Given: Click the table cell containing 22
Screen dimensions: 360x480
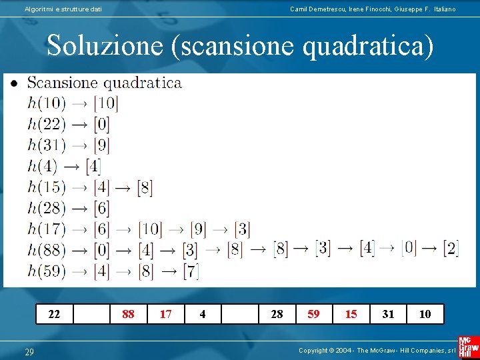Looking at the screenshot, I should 54,314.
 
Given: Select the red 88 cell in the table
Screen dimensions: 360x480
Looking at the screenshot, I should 128,314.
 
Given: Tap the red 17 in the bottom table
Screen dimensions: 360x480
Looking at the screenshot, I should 165,314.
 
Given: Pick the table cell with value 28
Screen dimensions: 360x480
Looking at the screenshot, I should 277,314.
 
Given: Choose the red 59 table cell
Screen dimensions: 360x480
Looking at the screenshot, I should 313,314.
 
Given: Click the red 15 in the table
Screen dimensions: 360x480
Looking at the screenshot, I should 351,314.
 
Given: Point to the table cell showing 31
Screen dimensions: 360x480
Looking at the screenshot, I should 388,314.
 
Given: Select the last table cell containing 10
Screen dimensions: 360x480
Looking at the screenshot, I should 425,314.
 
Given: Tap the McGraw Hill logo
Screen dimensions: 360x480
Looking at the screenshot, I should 468,348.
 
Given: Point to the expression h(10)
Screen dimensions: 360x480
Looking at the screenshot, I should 47,103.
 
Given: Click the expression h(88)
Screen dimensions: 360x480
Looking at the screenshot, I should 47,251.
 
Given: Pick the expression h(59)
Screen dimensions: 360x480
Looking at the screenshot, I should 47,271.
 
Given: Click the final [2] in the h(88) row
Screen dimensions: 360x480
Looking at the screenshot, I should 451,249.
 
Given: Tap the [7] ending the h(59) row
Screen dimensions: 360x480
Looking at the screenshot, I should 191,271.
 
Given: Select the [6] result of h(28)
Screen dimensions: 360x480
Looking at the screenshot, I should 101,209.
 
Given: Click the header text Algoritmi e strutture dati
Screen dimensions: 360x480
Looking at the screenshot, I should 63,9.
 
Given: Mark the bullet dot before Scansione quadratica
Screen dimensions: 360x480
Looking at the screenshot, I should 13,83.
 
